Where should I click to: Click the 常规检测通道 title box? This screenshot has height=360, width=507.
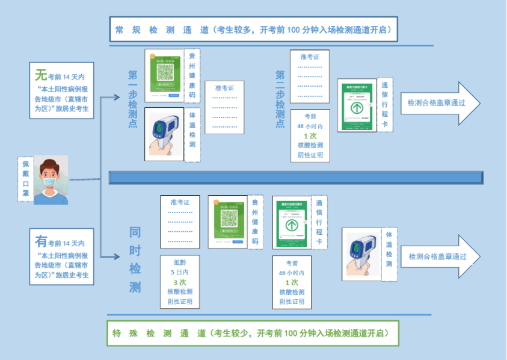pos(253,29)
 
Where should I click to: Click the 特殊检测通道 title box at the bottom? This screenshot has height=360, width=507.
pos(253,333)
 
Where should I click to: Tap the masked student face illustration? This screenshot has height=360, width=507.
pos(51,179)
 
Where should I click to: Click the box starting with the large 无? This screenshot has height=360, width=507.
pos(61,90)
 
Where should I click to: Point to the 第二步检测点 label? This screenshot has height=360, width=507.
pos(280,99)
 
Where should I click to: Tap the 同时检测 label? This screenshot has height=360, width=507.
pos(135,260)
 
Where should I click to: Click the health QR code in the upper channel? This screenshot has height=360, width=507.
pos(164,75)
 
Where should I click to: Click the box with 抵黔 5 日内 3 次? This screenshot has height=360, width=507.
pos(180,282)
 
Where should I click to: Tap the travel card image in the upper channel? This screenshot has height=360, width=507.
pos(357,105)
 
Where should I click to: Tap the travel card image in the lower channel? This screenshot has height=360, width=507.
pos(291,223)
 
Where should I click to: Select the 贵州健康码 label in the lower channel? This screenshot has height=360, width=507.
pos(254,221)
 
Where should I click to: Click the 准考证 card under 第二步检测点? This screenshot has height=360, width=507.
pos(310,76)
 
